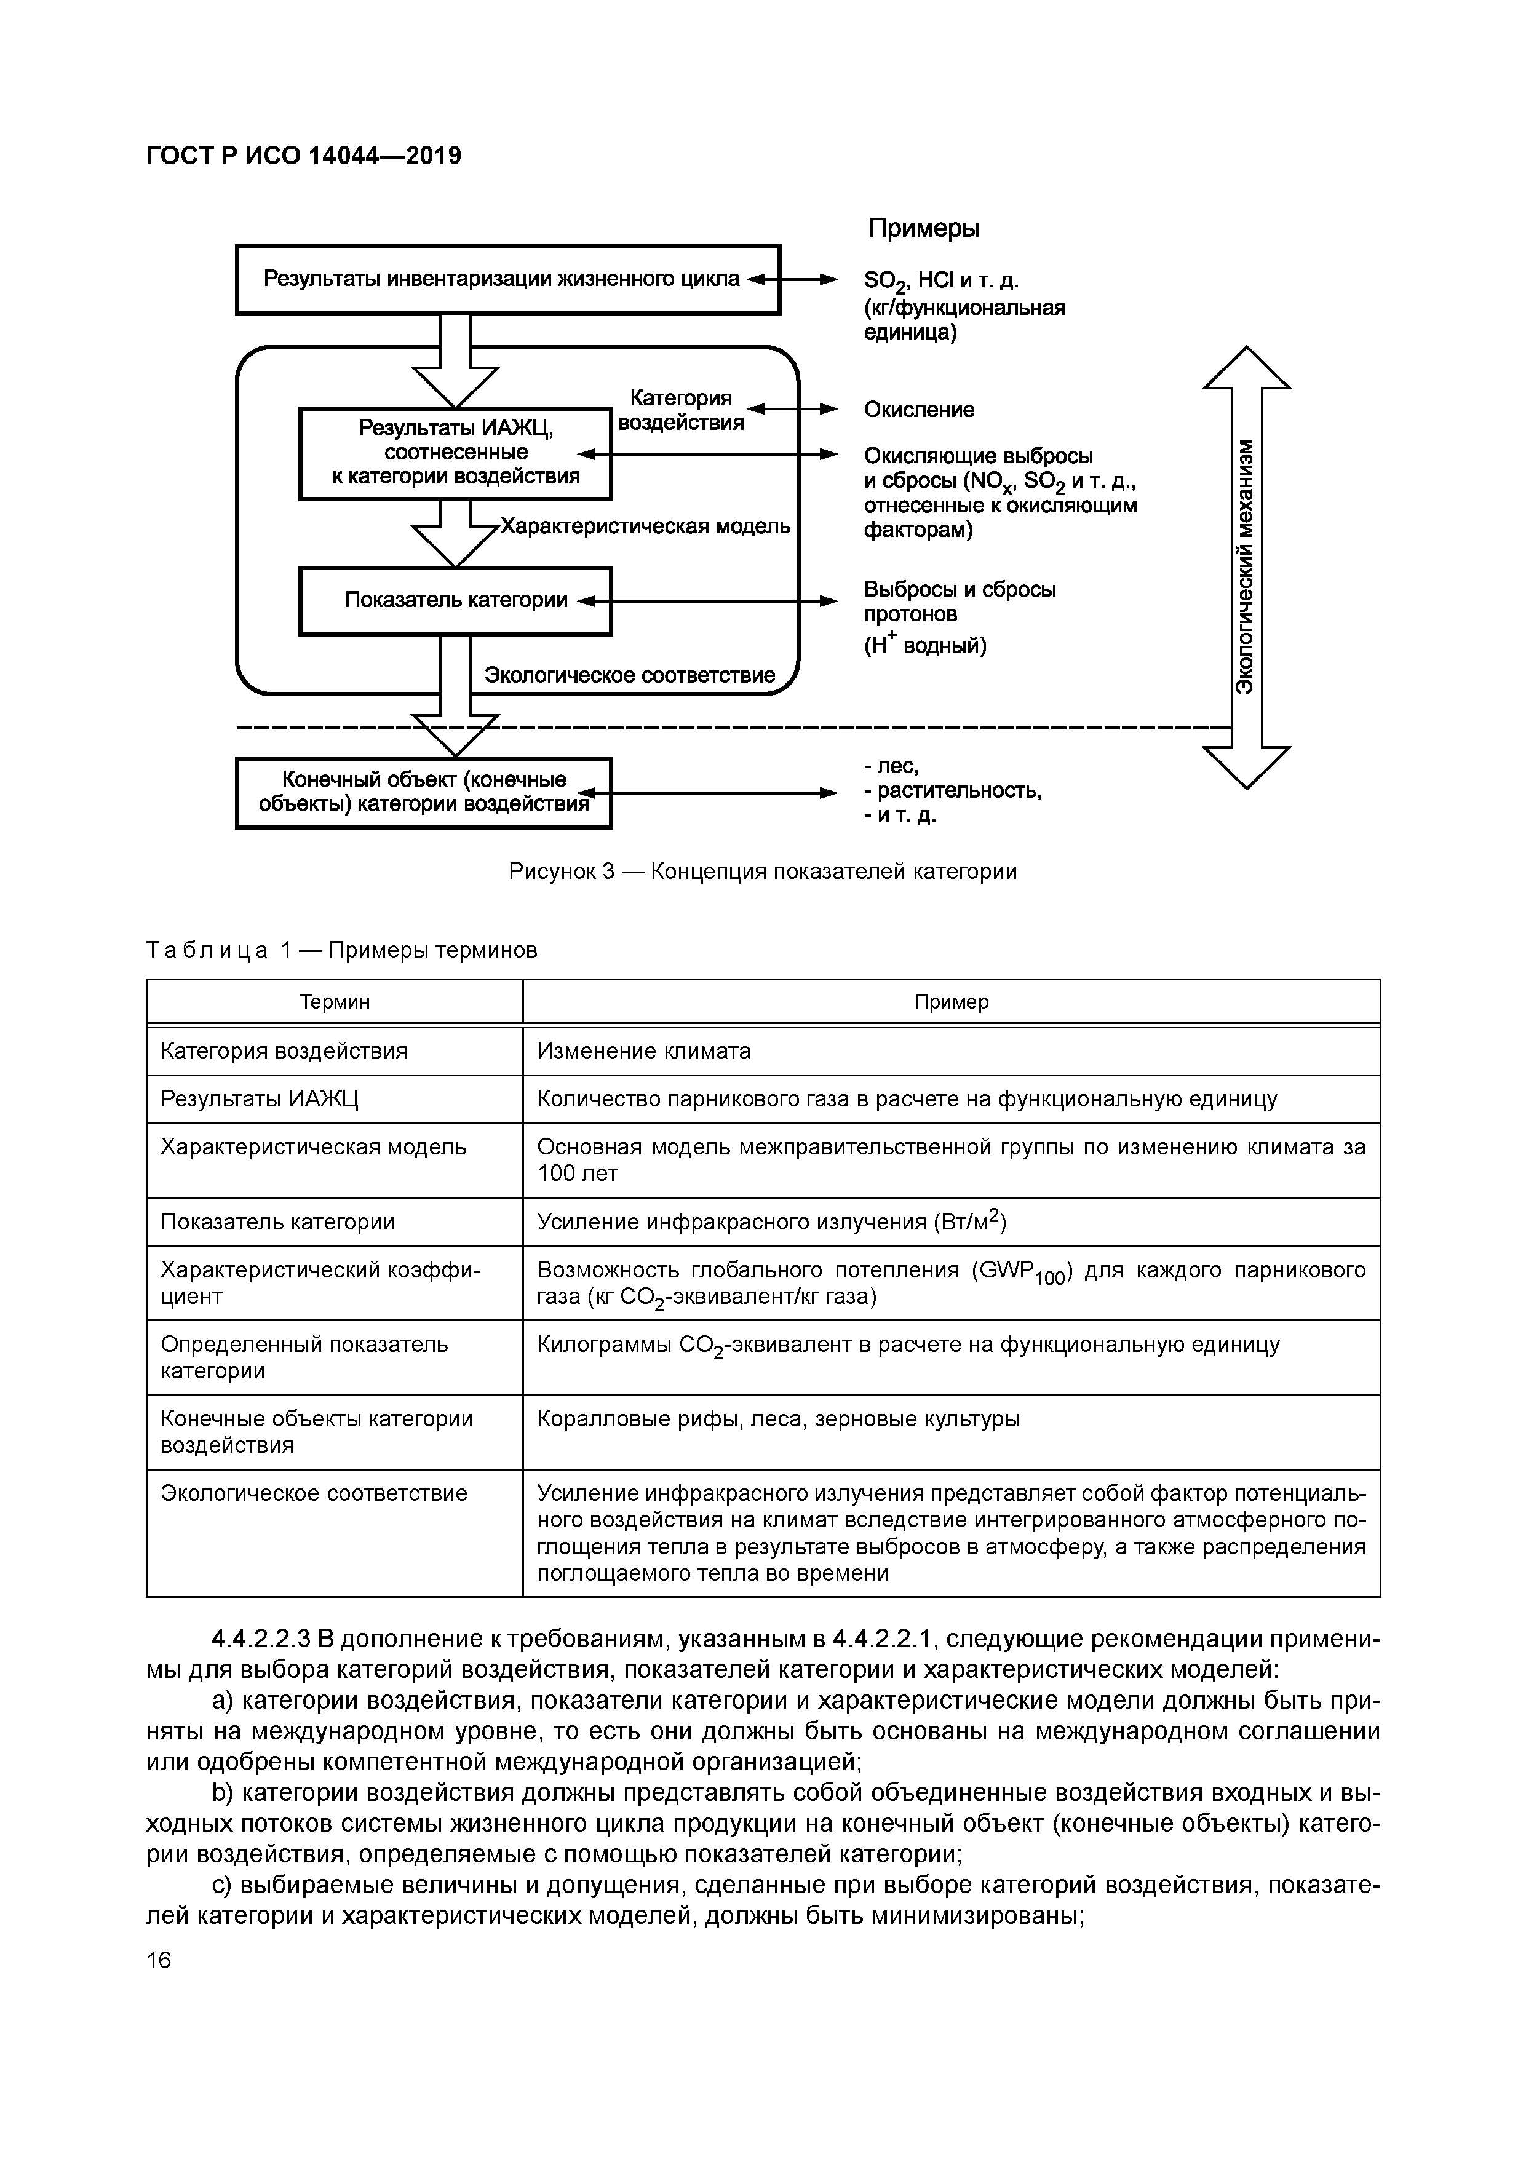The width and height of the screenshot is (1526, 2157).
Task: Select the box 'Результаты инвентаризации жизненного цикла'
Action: click(x=507, y=279)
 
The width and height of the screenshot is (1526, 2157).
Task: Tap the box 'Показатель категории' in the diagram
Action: click(x=456, y=600)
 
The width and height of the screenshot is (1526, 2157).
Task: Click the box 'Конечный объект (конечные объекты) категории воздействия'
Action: click(x=424, y=792)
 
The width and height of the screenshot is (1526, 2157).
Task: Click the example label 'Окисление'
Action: click(x=919, y=410)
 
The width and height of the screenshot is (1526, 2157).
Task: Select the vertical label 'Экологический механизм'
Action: click(x=1245, y=566)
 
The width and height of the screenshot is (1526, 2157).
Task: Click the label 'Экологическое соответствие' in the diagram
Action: click(x=630, y=675)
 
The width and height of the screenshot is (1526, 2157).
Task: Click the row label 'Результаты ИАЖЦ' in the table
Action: click(x=260, y=1098)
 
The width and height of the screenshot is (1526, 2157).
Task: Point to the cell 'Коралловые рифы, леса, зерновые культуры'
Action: click(x=778, y=1418)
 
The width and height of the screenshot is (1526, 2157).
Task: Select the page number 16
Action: click(x=159, y=1960)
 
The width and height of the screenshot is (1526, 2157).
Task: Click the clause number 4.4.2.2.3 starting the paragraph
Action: click(x=261, y=1639)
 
